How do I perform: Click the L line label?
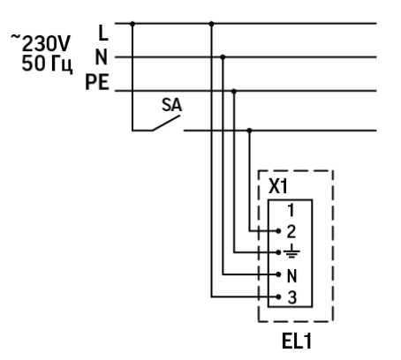click(x=102, y=33)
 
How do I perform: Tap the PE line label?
click(x=97, y=82)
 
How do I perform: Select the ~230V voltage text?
click(x=41, y=43)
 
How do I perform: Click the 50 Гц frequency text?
click(x=47, y=64)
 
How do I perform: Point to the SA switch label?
click(x=172, y=105)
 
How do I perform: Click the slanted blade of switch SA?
click(x=166, y=123)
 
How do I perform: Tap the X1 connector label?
click(x=277, y=186)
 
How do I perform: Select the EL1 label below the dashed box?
click(x=297, y=341)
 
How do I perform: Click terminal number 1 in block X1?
click(x=291, y=210)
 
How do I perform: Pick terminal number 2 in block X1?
click(x=291, y=231)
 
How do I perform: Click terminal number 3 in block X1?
click(x=291, y=297)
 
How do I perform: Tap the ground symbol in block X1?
click(x=291, y=251)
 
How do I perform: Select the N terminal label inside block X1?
click(x=291, y=276)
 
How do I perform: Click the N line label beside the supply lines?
click(x=101, y=57)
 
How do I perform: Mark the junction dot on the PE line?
click(x=234, y=92)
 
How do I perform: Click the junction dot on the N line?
click(x=223, y=57)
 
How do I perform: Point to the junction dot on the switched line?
click(x=250, y=131)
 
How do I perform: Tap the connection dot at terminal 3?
click(x=278, y=297)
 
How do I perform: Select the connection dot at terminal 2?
click(x=278, y=231)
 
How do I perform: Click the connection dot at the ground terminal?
click(x=278, y=252)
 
